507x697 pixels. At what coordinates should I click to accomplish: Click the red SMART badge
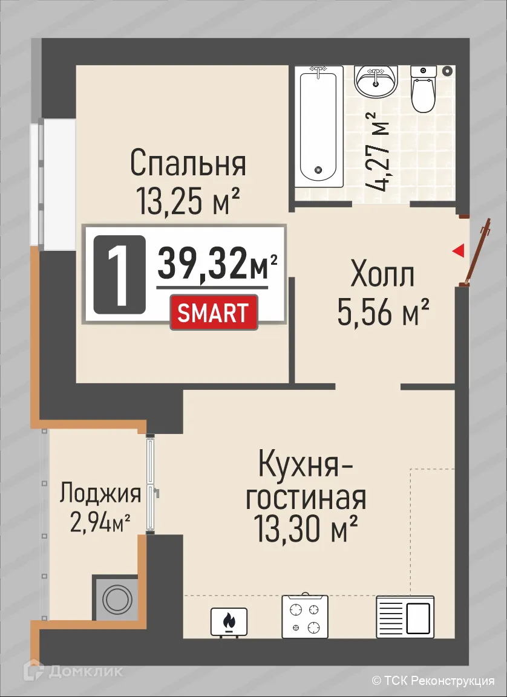(x=214, y=312)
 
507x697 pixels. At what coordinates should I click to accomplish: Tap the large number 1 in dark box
(x=119, y=273)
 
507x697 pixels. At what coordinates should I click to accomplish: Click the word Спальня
(x=188, y=163)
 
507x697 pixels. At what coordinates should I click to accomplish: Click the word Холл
(x=382, y=276)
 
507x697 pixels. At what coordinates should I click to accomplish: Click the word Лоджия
(x=100, y=494)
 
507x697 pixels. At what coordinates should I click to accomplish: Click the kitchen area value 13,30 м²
(x=305, y=530)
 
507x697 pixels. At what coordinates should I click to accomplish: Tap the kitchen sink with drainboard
(x=405, y=617)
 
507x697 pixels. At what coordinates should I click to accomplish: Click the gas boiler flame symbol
(x=229, y=621)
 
